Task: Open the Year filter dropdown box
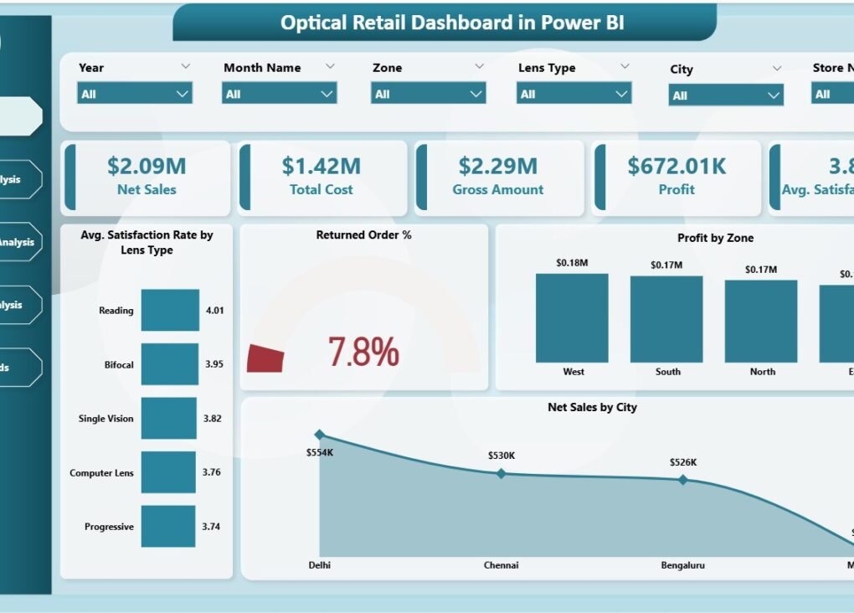[134, 94]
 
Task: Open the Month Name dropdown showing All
[280, 94]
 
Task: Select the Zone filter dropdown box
[428, 94]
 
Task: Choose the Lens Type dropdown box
[574, 94]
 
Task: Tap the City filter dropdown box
[726, 95]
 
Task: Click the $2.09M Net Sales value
[147, 166]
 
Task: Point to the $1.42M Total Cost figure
[321, 166]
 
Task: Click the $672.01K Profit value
[677, 166]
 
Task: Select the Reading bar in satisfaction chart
[170, 311]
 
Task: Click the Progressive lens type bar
[167, 527]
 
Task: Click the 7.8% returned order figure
[363, 353]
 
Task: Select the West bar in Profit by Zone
[572, 317]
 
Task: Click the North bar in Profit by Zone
[760, 321]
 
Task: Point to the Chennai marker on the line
[501, 473]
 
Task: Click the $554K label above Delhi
[321, 452]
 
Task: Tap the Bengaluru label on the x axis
[682, 565]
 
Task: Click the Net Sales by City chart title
[592, 408]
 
